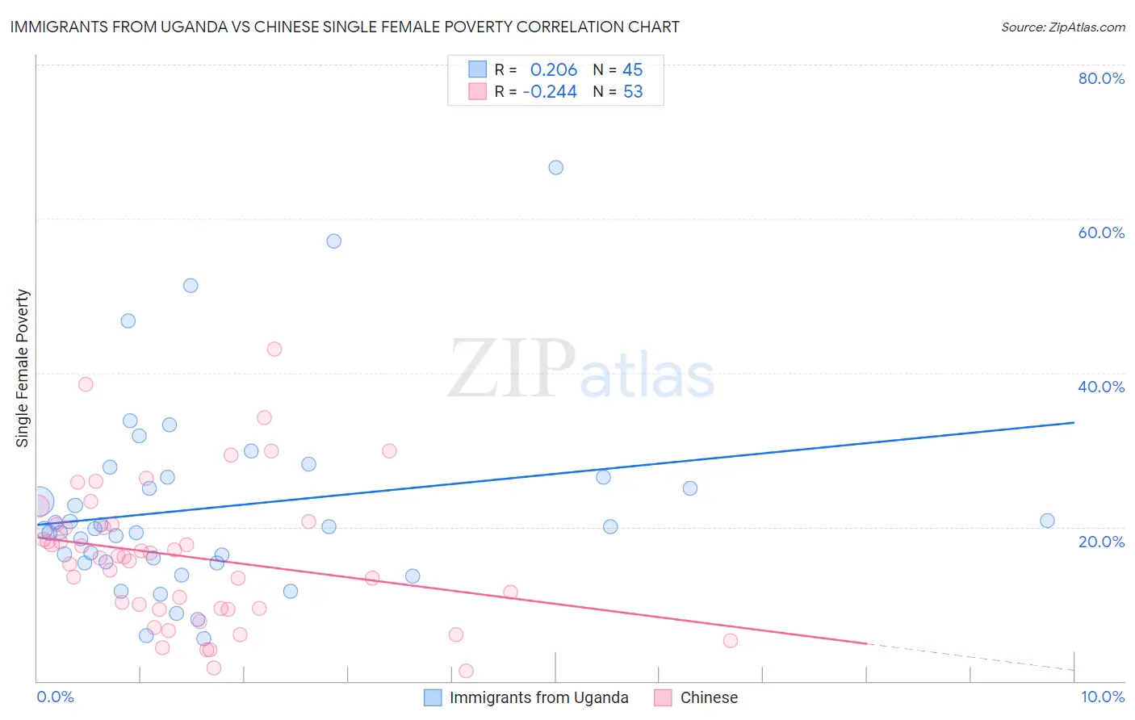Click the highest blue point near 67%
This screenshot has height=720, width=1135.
tap(555, 168)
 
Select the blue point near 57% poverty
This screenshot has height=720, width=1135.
tap(333, 241)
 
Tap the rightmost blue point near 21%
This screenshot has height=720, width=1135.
tap(1047, 521)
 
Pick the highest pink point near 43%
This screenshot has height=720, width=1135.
tap(274, 350)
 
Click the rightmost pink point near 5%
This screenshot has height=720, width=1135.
tap(731, 641)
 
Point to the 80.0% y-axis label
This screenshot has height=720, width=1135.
tap(1101, 78)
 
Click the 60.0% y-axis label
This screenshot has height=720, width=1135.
tap(1101, 232)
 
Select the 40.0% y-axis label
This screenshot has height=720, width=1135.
tap(1101, 387)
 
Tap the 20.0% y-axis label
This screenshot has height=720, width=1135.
tap(1101, 541)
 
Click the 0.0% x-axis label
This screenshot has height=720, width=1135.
tap(55, 697)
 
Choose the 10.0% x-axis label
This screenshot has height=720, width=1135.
tap(1102, 697)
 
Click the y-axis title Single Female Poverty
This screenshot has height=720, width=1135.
tap(23, 368)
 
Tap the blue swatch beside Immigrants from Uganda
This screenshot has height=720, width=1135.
tap(433, 697)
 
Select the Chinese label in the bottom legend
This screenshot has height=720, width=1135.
tap(709, 697)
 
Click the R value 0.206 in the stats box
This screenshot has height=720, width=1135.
tap(554, 70)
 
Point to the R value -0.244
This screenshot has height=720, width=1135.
tap(550, 92)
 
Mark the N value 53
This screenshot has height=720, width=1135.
tap(633, 92)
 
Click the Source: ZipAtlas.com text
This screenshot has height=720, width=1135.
tap(1062, 27)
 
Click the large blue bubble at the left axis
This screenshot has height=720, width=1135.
tap(38, 502)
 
